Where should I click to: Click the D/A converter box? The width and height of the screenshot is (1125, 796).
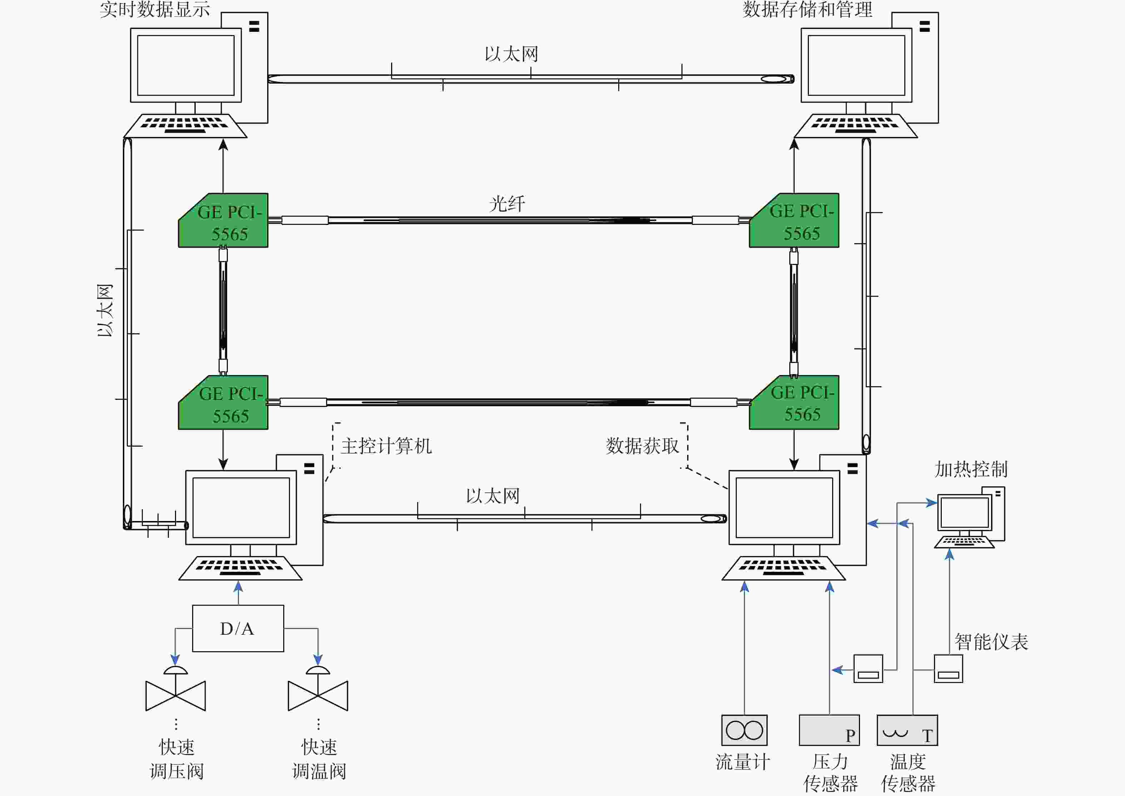(237, 628)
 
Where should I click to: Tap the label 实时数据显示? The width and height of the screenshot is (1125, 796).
(155, 9)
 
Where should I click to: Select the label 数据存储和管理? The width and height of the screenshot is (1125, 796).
(807, 9)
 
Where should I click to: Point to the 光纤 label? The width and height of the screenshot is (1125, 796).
(507, 203)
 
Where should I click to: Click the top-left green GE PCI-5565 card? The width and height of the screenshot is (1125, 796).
(224, 221)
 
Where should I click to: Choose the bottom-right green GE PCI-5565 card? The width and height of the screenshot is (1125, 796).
(794, 403)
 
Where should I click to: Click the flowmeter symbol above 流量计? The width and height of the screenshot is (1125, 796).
(744, 730)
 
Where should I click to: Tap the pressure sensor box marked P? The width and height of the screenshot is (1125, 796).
(829, 730)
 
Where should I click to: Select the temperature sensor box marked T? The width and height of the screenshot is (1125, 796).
(907, 730)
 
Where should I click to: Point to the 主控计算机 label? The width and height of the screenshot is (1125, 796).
(386, 446)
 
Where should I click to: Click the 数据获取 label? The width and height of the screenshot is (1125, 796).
(642, 446)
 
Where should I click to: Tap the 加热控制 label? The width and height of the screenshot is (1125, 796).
(971, 470)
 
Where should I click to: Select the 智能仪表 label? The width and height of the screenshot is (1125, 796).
(991, 642)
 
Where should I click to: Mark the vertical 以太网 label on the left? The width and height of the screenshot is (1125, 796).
(105, 310)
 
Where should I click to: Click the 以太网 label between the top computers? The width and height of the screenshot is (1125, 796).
(511, 54)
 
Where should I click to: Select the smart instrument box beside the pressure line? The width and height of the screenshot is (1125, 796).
(868, 668)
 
